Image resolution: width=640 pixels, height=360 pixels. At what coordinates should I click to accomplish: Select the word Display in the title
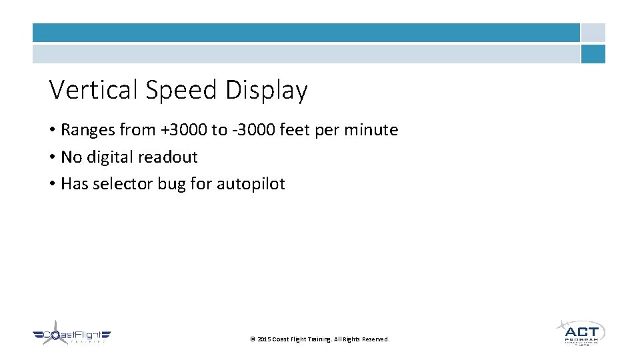pyautogui.click(x=267, y=91)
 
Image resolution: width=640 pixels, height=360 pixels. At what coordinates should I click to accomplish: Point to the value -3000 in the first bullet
pyautogui.click(x=254, y=130)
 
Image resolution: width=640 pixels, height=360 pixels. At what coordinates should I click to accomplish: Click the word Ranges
pyautogui.click(x=88, y=131)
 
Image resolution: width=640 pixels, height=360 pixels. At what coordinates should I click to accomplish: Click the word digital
pyautogui.click(x=109, y=157)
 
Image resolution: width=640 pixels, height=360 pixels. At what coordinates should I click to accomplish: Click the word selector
pyautogui.click(x=123, y=184)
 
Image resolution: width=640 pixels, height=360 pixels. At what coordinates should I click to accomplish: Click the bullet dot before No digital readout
pyautogui.click(x=52, y=157)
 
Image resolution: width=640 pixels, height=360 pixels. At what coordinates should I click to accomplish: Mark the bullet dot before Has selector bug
pyautogui.click(x=52, y=184)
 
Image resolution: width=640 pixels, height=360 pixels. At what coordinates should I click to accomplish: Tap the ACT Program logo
pyautogui.click(x=581, y=331)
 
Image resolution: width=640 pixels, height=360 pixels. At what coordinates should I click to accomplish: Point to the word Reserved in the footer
pyautogui.click(x=375, y=339)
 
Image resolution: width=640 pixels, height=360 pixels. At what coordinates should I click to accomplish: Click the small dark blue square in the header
pyautogui.click(x=593, y=54)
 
